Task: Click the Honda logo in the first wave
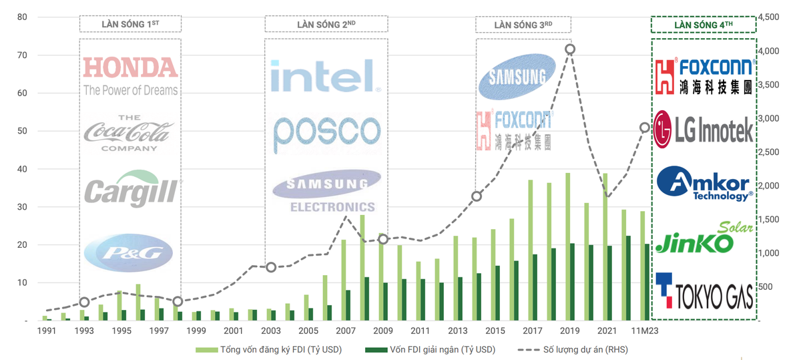(130, 75)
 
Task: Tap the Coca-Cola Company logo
(129, 133)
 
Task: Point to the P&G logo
(129, 252)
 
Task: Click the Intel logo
(326, 75)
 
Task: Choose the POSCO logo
(326, 134)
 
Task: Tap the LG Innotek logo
(704, 127)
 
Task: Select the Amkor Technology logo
(704, 183)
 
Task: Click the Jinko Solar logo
(704, 239)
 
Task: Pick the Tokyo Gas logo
(704, 292)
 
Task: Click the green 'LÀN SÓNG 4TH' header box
(704, 25)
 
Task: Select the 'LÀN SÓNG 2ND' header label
(326, 25)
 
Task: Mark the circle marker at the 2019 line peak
(569, 49)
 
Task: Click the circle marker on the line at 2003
(270, 267)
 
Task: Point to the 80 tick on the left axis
(21, 17)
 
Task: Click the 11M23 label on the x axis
(643, 331)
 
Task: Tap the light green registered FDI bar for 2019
(567, 246)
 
